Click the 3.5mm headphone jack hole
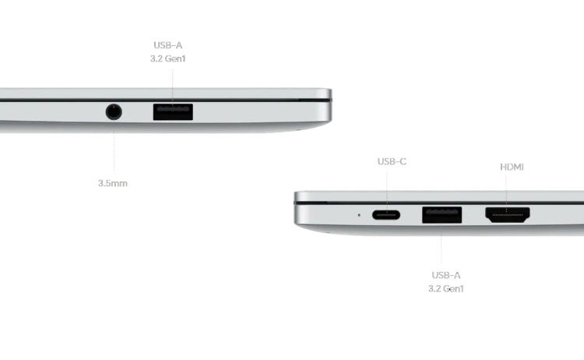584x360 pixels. (114, 111)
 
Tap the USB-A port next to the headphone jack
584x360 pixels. (173, 111)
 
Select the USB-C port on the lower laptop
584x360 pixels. (391, 214)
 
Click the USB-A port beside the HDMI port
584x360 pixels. (442, 214)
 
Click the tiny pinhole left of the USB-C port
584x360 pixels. (358, 214)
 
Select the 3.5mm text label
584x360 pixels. (114, 183)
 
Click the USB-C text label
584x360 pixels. (392, 161)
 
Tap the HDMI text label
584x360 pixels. (510, 167)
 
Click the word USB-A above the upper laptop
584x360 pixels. (169, 44)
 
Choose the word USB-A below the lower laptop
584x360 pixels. (445, 274)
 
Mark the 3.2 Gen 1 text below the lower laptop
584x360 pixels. (445, 288)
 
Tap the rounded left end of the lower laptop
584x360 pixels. (297, 209)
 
